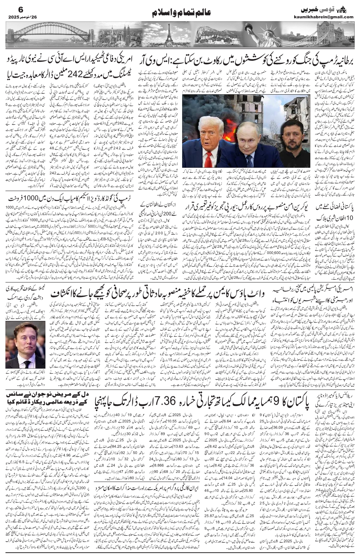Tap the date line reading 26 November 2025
click(x=18, y=17)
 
